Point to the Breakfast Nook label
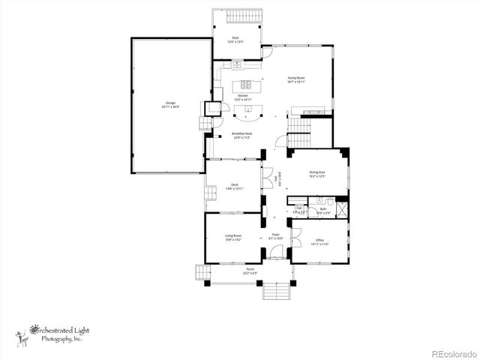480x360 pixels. point(241,136)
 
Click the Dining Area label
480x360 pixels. point(318,175)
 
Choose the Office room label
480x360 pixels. point(319,241)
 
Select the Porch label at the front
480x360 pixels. point(249,271)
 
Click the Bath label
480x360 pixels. point(322,210)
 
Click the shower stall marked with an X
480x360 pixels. point(342,207)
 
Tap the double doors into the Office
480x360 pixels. point(295,232)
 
